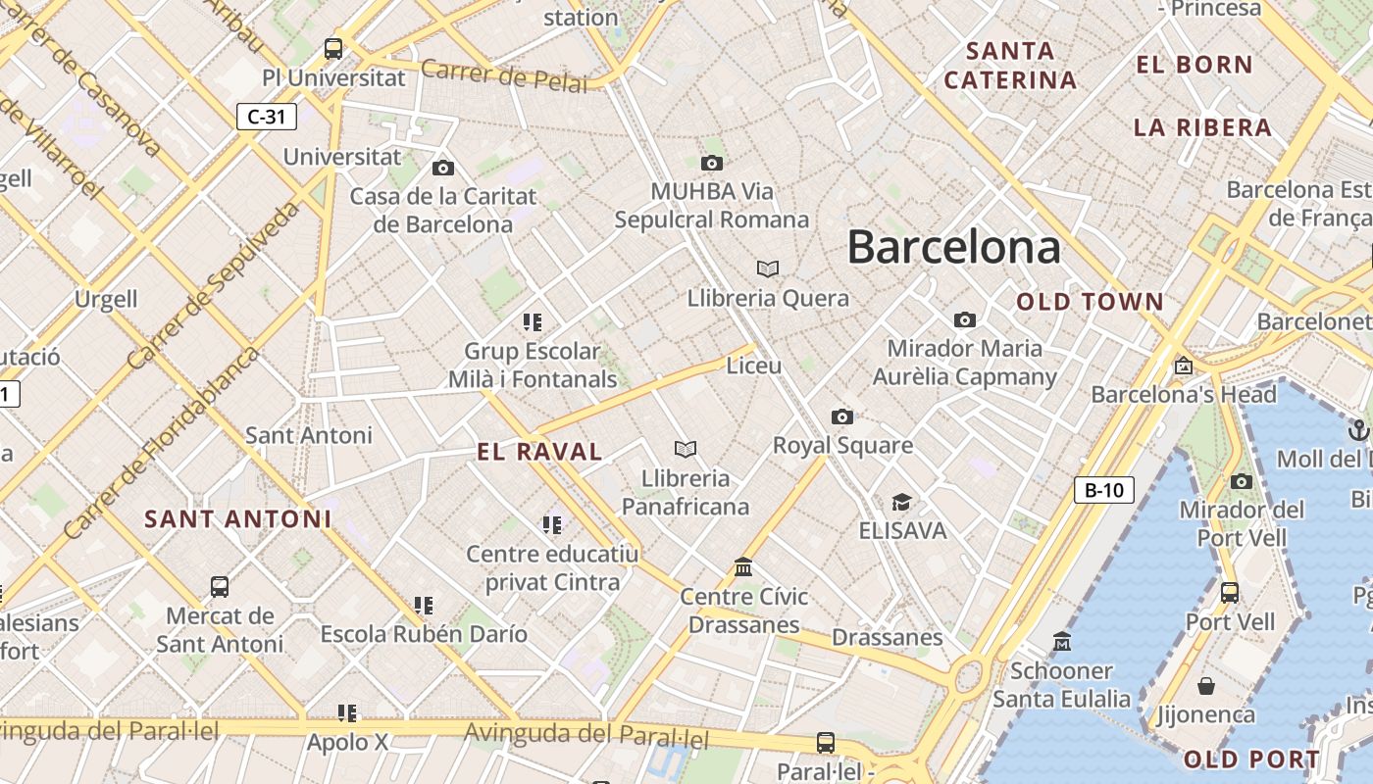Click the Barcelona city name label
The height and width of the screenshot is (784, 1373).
pyautogui.click(x=953, y=246)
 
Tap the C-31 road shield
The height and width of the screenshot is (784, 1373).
pyautogui.click(x=267, y=118)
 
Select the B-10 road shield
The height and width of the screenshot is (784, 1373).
pyautogui.click(x=1104, y=490)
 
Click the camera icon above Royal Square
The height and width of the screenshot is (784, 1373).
pyautogui.click(x=841, y=417)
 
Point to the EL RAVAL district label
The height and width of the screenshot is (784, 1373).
pyautogui.click(x=539, y=452)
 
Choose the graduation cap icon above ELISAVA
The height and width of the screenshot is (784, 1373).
pyautogui.click(x=901, y=503)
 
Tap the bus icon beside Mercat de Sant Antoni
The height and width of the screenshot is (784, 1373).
pyautogui.click(x=220, y=587)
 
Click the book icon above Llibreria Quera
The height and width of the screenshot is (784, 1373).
pyautogui.click(x=768, y=269)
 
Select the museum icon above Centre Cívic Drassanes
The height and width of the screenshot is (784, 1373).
pyautogui.click(x=743, y=567)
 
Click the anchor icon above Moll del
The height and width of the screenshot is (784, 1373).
pyautogui.click(x=1358, y=429)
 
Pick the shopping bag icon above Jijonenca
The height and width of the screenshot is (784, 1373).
pyautogui.click(x=1206, y=686)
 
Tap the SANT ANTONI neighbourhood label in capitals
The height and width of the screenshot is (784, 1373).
pyautogui.click(x=238, y=519)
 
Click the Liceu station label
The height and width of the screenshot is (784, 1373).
pyautogui.click(x=754, y=366)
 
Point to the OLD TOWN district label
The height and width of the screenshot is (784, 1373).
pyautogui.click(x=1090, y=302)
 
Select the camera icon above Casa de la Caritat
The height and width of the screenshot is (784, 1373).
pyautogui.click(x=443, y=168)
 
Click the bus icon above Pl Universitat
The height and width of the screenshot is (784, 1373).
pyautogui.click(x=333, y=48)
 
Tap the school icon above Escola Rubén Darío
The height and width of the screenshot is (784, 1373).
pyautogui.click(x=424, y=606)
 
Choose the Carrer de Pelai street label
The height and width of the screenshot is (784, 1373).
pyautogui.click(x=505, y=75)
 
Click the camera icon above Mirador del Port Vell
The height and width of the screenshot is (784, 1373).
pyautogui.click(x=1242, y=481)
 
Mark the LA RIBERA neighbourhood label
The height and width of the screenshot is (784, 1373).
pyautogui.click(x=1202, y=127)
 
